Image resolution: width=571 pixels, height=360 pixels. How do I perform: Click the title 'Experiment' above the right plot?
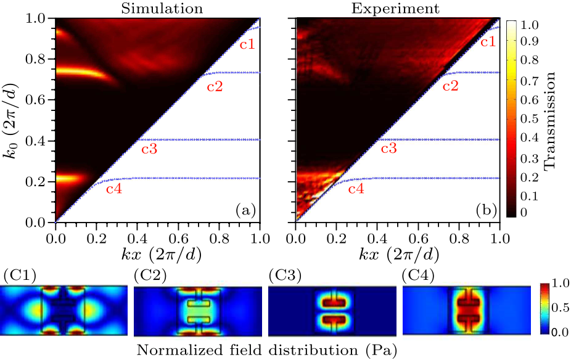397,9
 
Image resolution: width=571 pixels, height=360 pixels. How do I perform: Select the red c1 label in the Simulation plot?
247,44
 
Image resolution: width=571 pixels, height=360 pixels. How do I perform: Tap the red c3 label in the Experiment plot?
388,149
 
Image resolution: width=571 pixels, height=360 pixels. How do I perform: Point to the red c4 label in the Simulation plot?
113,189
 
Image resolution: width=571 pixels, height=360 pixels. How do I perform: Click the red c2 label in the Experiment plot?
451,86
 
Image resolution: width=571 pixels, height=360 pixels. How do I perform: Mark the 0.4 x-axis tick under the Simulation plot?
137,235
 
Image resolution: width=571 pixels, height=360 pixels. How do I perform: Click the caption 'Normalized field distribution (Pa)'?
266,350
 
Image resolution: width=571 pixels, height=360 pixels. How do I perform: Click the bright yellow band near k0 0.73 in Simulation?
74,73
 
